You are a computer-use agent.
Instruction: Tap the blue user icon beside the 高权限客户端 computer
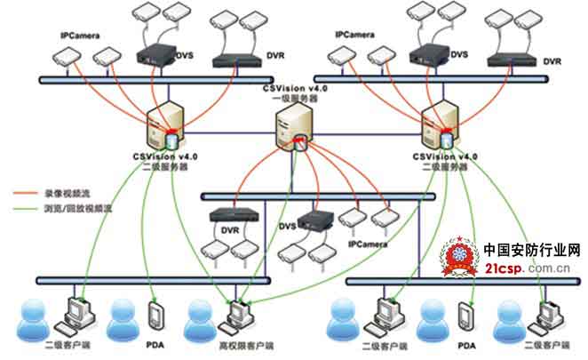pos(203,316)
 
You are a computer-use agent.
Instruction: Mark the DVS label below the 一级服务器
pos(288,227)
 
